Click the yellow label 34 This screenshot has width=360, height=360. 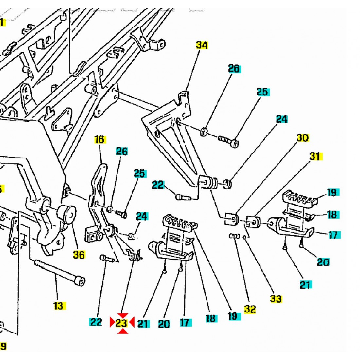point(202,45)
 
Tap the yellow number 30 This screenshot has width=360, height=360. point(303,138)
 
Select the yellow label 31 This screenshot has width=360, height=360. point(315,157)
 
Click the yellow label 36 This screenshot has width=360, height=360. point(79,254)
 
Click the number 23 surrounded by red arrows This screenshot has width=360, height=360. point(121,323)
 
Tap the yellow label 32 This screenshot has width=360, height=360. point(250,309)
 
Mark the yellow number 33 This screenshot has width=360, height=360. point(276,298)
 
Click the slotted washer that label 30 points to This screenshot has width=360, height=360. point(232,219)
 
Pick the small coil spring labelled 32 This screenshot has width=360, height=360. point(235,236)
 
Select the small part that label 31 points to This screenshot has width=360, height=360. point(252,222)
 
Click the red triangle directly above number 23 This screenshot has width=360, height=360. point(122,315)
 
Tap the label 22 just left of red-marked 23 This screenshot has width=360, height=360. point(96,322)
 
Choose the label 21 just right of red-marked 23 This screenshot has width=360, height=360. point(143,324)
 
